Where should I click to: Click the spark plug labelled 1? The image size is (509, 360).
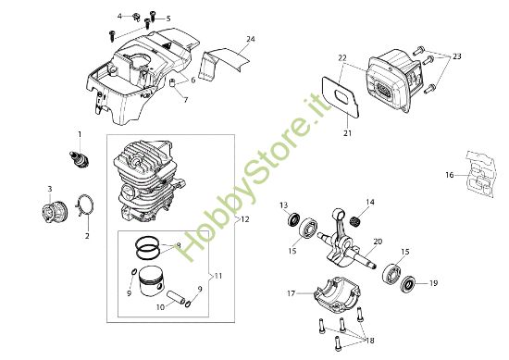(80, 159)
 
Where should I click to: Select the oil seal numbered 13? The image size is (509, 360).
(293, 218)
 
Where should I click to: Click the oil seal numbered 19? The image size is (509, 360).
(407, 285)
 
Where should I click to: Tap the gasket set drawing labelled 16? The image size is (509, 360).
(481, 173)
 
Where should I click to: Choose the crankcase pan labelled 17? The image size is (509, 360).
(337, 293)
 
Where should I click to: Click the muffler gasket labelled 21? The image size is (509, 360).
(341, 97)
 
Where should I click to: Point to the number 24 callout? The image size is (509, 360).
(251, 39)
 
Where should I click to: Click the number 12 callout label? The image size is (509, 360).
(245, 219)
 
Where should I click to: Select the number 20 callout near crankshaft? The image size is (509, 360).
(378, 242)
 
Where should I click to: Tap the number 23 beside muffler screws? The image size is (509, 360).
(457, 56)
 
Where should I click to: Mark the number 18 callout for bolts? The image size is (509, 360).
(370, 341)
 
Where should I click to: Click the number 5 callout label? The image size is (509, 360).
(168, 19)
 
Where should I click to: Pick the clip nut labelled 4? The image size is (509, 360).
(135, 17)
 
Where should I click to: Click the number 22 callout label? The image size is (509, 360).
(342, 58)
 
